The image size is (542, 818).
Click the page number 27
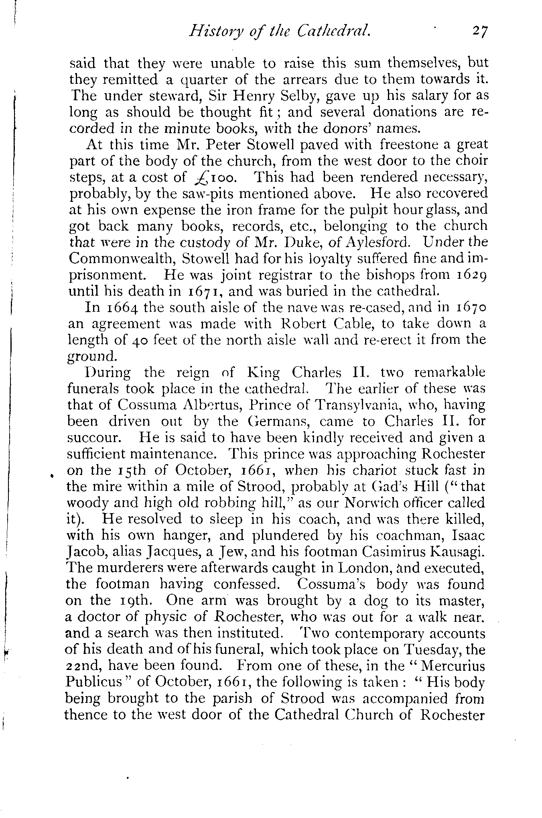(479, 31)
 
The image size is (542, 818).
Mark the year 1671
(197, 292)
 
